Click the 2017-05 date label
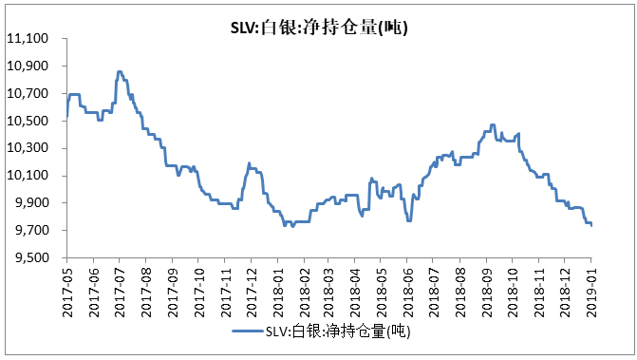click(x=67, y=288)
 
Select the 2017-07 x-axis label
click(x=120, y=288)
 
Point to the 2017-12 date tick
click(x=251, y=288)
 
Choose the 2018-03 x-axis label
click(x=329, y=288)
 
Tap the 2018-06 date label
click(x=408, y=288)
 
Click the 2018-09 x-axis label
click(x=487, y=288)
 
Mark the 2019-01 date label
click(x=591, y=288)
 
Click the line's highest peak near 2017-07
click(x=119, y=71)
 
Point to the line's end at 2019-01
click(x=591, y=226)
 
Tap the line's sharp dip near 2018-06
click(x=408, y=220)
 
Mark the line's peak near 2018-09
click(x=492, y=124)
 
